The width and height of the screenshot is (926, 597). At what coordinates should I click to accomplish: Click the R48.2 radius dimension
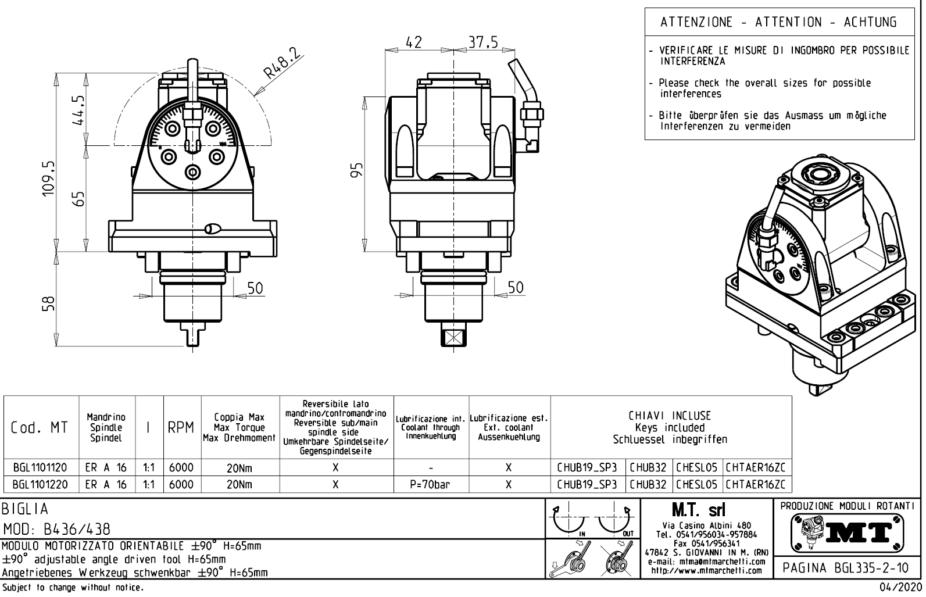[284, 64]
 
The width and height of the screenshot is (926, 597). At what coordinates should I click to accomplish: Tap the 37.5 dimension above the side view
[483, 42]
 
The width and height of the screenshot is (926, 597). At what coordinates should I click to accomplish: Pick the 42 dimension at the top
[414, 42]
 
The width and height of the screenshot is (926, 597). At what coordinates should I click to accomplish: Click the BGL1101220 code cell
[40, 484]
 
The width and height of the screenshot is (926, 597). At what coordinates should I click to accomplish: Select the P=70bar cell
[430, 484]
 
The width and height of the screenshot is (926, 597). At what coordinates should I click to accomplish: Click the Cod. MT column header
[40, 428]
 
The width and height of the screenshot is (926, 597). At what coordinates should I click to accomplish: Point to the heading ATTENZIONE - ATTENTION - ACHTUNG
[778, 23]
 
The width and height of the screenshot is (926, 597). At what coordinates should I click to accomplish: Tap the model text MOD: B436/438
[56, 530]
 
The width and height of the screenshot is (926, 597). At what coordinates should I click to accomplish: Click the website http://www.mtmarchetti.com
[706, 571]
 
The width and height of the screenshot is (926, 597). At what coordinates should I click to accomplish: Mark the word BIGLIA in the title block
[25, 510]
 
